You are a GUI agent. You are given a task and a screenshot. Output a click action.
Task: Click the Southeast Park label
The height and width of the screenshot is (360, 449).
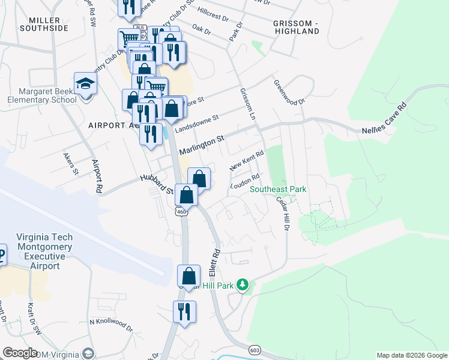click(x=278, y=190)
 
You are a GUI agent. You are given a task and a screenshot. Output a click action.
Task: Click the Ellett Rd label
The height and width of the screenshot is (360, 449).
click(x=214, y=263)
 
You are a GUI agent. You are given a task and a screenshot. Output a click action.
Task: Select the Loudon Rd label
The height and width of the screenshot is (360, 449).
click(x=244, y=182)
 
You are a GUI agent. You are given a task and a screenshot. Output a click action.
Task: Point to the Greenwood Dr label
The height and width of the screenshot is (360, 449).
click(x=289, y=92)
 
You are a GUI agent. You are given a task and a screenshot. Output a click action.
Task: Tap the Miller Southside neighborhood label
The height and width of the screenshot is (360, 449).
click(x=44, y=24)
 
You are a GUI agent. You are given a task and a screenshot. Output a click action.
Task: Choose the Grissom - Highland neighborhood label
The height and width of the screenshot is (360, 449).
click(x=295, y=26)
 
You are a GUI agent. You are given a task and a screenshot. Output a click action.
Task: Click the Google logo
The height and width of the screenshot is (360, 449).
click(x=20, y=352)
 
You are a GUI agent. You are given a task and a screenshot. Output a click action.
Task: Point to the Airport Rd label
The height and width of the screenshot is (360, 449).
click(x=96, y=176)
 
